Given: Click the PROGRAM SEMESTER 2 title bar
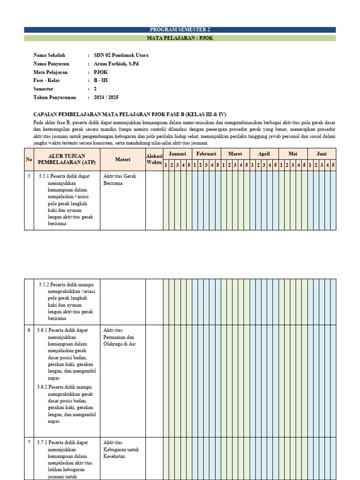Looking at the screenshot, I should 180,30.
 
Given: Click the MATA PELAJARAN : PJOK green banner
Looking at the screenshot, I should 180,38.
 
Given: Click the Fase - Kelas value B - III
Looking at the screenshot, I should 100,81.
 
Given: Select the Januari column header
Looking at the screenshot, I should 177,154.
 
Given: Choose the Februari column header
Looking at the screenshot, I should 206,154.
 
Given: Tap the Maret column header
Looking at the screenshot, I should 235,154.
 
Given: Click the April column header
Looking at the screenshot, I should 264,154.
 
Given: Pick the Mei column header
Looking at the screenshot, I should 293,154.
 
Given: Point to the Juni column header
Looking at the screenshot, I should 322,154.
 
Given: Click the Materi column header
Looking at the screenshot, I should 122,159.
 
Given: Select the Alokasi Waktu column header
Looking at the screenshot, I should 154,159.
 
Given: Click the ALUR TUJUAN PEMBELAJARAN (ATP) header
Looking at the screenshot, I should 67,159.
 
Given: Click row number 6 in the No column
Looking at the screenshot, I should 29,330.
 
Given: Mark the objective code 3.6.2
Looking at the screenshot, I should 44,387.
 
